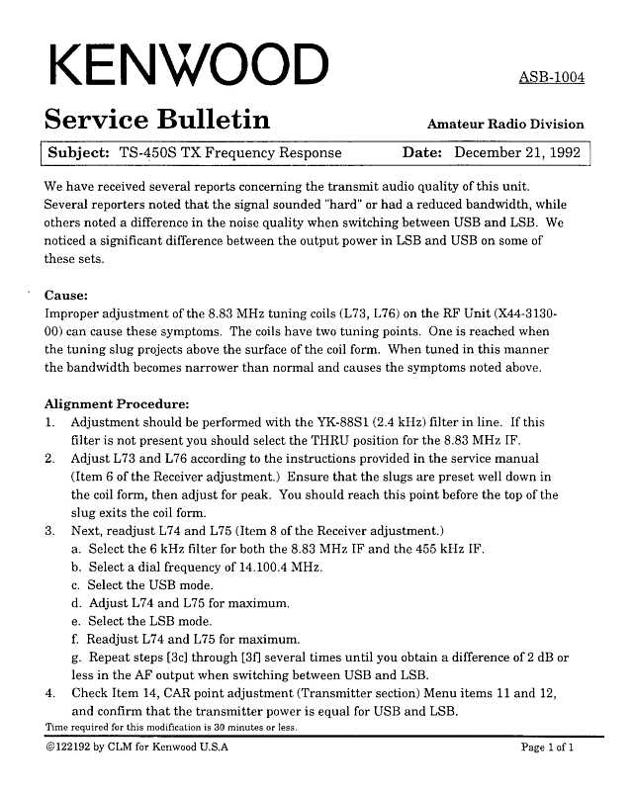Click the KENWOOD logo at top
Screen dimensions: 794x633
pos(186,67)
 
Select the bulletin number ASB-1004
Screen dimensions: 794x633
pos(551,78)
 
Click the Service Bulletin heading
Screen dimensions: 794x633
pos(157,121)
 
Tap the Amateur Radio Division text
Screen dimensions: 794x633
pos(504,125)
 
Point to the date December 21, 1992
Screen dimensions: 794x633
pos(517,153)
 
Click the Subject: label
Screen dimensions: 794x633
pos(78,153)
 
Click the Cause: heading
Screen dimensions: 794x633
pos(67,295)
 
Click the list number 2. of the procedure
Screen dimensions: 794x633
pos(50,459)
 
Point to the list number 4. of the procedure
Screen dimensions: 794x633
pos(50,693)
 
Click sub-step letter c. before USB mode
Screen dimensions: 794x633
pos(76,584)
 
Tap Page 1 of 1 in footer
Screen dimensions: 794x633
pos(547,748)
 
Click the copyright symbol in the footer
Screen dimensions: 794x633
pos(50,748)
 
